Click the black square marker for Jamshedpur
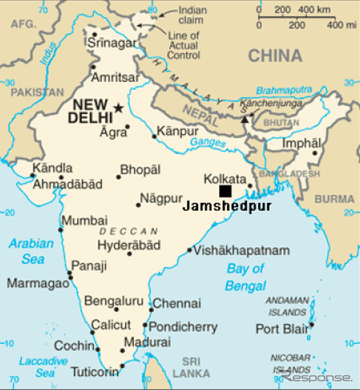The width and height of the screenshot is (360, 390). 225,191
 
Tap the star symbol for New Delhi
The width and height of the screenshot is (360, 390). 118,108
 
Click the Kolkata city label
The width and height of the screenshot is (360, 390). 225,179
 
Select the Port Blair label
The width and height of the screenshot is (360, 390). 281,328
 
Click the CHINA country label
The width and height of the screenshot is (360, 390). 275,56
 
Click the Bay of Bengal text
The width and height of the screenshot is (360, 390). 245,277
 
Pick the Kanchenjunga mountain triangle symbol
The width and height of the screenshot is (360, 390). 244,118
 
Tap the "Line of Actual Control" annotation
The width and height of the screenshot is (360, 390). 184,45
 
